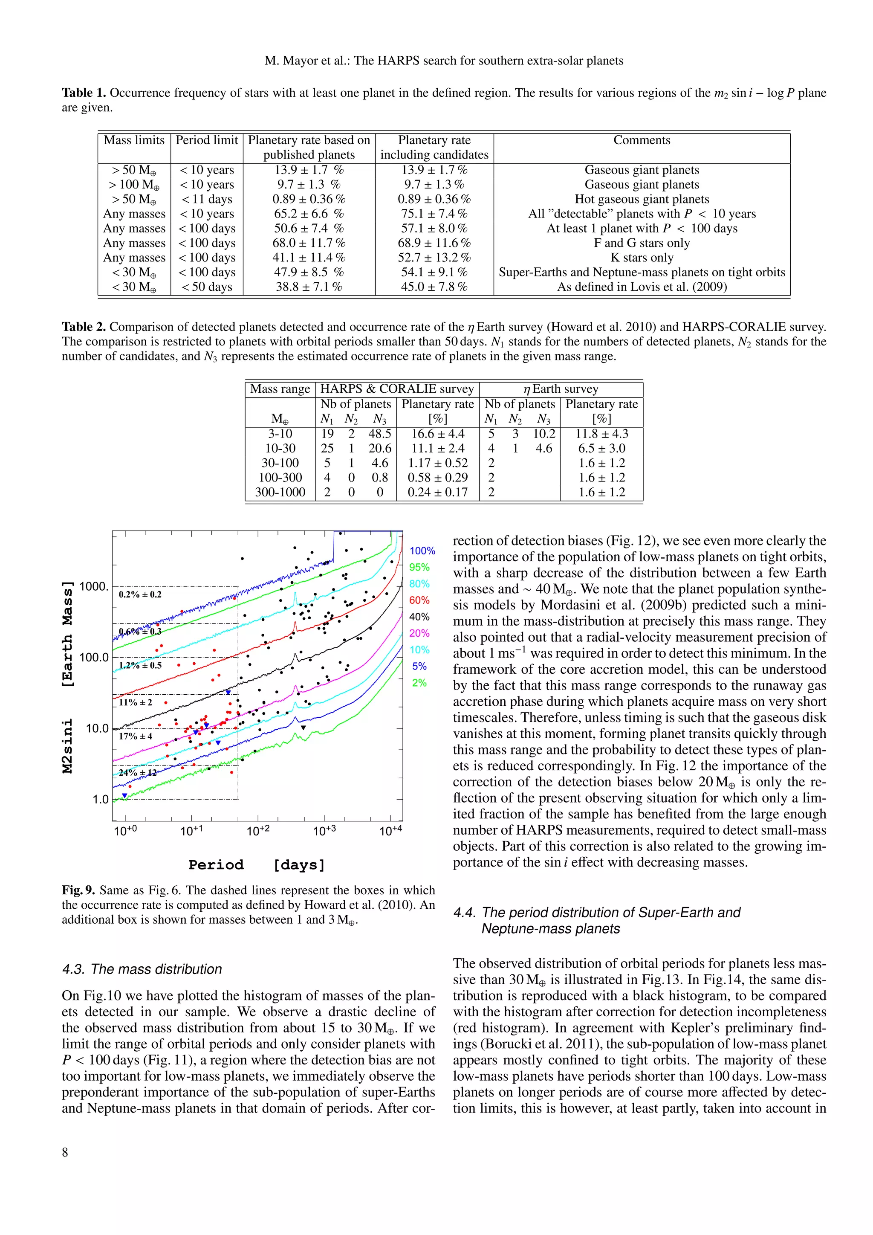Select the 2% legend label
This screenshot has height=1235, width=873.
tap(419, 683)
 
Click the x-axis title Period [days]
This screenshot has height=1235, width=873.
tap(257, 865)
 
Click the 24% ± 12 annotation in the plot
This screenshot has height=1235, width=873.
tap(138, 772)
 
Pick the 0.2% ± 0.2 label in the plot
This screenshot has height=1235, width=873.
tap(140, 594)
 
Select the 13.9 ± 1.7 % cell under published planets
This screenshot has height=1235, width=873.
tap(309, 170)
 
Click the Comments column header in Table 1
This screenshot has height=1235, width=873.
tap(642, 140)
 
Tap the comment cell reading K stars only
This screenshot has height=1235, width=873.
tap(642, 258)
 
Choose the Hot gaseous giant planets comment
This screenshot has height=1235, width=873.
tap(642, 199)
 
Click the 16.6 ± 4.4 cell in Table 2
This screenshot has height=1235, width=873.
tap(438, 434)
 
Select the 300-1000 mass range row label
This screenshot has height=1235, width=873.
tap(280, 492)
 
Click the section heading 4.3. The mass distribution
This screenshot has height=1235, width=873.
tap(142, 969)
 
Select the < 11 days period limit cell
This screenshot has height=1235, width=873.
tap(207, 199)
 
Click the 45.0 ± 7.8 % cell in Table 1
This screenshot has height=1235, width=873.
tap(434, 287)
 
